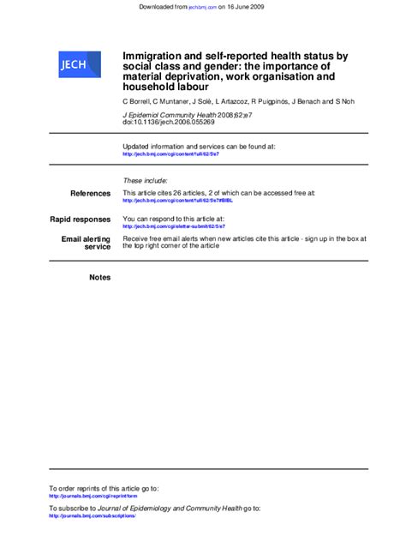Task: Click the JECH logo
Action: click(x=72, y=63)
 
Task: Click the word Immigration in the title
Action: click(x=153, y=56)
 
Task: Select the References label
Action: click(x=90, y=194)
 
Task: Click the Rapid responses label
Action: click(x=81, y=220)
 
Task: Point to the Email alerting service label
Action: click(x=86, y=242)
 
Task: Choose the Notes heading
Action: click(x=100, y=277)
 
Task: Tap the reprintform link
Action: click(x=93, y=496)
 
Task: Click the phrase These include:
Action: click(x=145, y=181)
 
